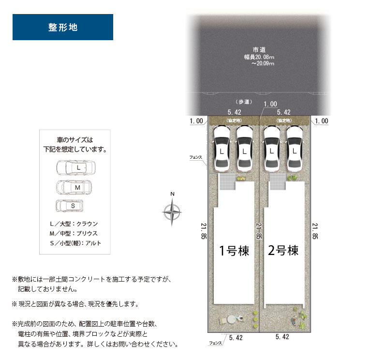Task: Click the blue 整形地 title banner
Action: click(63, 27)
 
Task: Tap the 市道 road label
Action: click(259, 50)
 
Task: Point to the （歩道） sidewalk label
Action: click(244, 102)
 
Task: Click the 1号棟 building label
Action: click(234, 251)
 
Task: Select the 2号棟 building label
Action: click(283, 250)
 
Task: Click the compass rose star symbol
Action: click(172, 212)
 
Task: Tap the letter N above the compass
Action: click(172, 194)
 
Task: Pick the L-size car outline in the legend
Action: click(76, 167)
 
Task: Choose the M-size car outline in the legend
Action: click(74, 187)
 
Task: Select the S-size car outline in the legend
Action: click(70, 206)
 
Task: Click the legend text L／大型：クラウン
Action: click(74, 224)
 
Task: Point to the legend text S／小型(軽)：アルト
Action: click(75, 243)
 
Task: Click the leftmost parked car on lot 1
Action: click(222, 149)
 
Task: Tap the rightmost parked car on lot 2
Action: click(295, 149)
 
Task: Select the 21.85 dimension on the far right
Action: click(315, 231)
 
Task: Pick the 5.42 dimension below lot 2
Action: click(282, 337)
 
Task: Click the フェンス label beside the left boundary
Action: click(195, 157)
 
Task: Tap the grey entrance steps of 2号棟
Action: click(278, 181)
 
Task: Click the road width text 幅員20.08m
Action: click(259, 57)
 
